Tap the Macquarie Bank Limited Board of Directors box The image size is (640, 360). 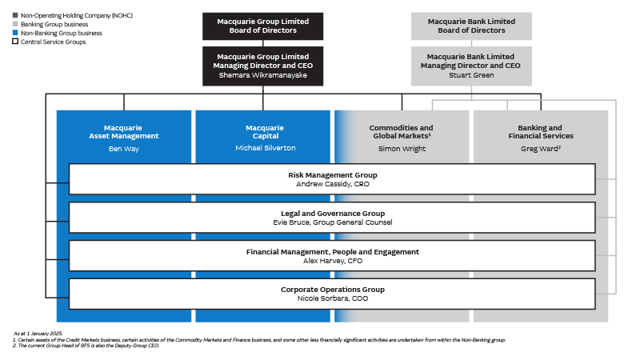click(472, 26)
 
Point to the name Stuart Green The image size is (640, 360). click(472, 75)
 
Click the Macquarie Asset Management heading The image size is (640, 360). click(124, 131)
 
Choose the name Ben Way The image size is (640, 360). click(124, 149)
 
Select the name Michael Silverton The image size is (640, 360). click(264, 149)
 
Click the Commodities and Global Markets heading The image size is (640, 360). click(402, 131)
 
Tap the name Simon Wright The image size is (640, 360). click(402, 149)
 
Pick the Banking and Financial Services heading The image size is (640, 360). click(541, 131)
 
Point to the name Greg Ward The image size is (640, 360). click(540, 149)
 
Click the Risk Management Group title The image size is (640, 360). click(332, 174)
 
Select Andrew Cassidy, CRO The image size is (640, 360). click(332, 183)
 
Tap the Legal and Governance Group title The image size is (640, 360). click(332, 214)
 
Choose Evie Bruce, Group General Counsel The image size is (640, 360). click(332, 222)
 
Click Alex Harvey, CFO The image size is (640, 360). click(332, 261)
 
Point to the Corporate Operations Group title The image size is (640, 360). click(332, 289)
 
